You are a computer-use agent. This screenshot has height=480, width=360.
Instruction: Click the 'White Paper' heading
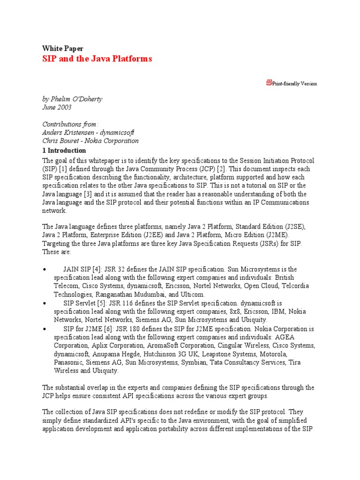click(62, 48)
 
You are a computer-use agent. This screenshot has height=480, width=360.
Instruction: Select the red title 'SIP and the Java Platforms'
click(97, 59)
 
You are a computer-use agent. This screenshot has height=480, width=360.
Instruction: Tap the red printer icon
click(269, 83)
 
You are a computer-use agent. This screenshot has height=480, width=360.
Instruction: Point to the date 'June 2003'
click(57, 107)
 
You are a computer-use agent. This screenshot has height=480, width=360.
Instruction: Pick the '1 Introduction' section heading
click(64, 150)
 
